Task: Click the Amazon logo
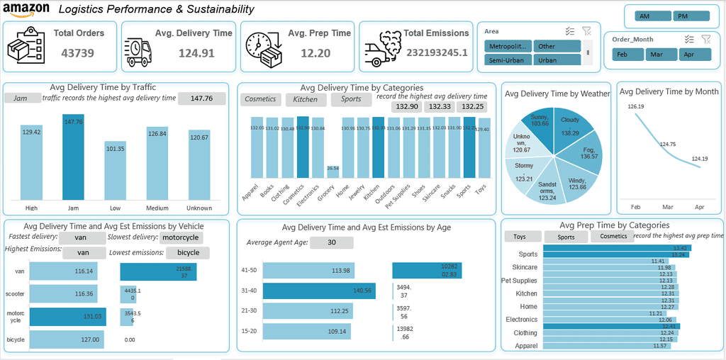(x=26, y=9)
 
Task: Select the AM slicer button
(x=644, y=16)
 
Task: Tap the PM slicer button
(x=683, y=16)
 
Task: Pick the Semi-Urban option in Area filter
(x=506, y=60)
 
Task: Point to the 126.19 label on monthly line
(x=636, y=106)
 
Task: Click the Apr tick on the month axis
(x=699, y=207)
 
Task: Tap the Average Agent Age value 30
(x=331, y=242)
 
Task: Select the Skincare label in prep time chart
(x=524, y=267)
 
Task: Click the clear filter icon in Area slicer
(x=586, y=30)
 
